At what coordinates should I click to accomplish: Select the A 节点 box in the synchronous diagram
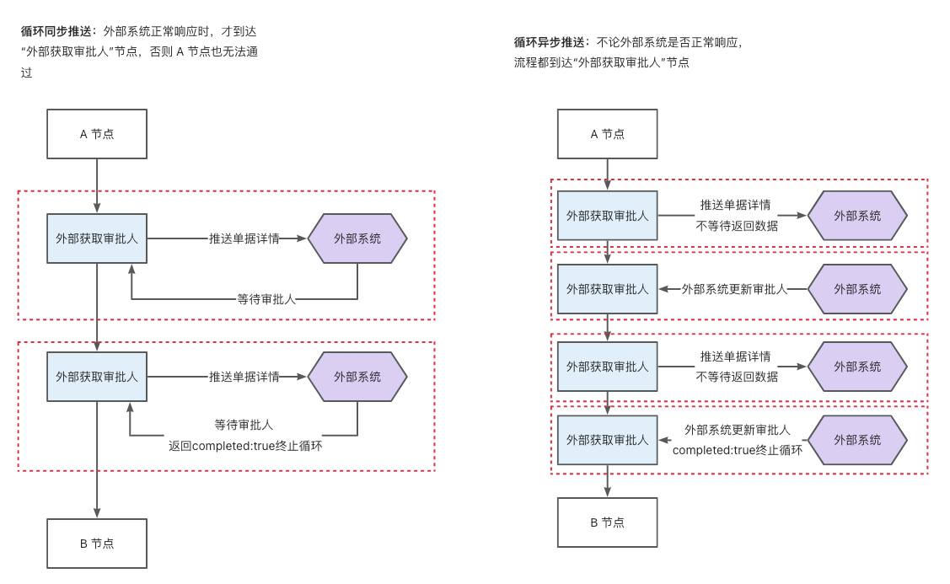point(97,134)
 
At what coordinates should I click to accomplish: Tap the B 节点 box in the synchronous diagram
point(97,544)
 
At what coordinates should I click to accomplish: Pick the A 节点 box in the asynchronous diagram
point(607,134)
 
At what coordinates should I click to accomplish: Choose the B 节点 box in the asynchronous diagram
point(607,522)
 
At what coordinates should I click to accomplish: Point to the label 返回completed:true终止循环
point(245,446)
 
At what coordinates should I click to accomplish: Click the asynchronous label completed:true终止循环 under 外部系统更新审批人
point(737,450)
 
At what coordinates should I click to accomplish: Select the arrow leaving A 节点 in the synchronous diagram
point(97,185)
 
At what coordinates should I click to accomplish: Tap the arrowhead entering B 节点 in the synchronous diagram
point(97,512)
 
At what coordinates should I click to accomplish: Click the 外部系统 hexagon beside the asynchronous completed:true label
point(857,440)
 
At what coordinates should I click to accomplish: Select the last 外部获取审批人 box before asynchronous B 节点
point(607,440)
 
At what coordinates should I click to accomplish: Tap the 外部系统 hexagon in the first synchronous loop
point(357,238)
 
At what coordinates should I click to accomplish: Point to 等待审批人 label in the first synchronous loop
point(266,298)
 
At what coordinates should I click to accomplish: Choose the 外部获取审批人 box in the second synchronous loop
point(97,377)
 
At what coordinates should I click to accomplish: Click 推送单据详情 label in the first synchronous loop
point(244,238)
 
